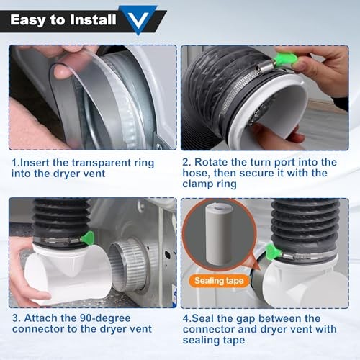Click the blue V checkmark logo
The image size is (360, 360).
(138, 19)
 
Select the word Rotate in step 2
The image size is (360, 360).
(211, 162)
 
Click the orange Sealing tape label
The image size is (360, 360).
(219, 281)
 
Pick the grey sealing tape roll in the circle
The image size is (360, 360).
(219, 235)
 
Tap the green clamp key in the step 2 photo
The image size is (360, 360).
(285, 59)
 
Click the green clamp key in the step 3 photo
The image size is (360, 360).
(88, 238)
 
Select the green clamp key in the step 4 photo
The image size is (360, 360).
(273, 251)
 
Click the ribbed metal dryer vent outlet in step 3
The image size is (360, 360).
(127, 265)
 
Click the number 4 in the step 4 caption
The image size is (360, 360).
(186, 319)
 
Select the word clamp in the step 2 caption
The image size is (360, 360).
(197, 184)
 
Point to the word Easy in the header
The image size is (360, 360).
(28, 20)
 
